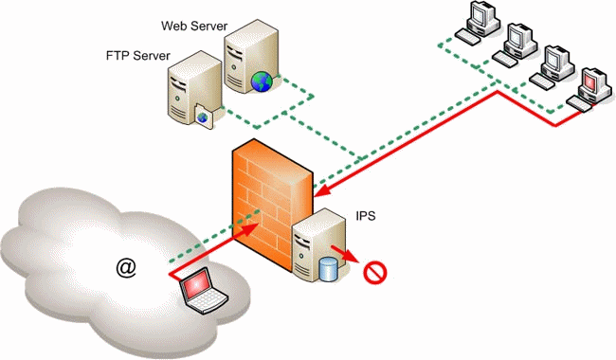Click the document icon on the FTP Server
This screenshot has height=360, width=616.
pyautogui.click(x=204, y=116)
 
